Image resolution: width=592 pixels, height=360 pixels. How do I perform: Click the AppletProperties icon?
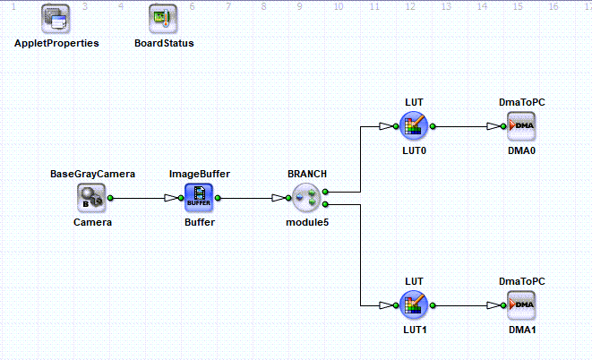[56, 19]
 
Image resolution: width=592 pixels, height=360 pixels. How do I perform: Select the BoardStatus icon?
[163, 19]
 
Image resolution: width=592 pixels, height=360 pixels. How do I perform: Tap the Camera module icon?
[91, 198]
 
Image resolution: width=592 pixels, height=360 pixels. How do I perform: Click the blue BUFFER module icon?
[199, 198]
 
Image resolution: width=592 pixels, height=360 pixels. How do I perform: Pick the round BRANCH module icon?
[306, 198]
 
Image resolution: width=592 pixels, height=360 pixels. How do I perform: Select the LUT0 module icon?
[414, 126]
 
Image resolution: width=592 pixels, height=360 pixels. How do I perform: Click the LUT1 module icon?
[414, 304]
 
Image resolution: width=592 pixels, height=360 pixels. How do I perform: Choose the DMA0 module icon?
[521, 126]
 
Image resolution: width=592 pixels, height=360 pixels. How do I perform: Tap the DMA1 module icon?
[521, 304]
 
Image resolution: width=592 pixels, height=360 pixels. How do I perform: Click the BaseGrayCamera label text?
[92, 174]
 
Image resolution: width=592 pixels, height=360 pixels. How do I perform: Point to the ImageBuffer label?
[200, 174]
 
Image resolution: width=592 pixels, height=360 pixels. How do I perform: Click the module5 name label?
[307, 222]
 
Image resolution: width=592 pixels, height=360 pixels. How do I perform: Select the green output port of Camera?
[110, 198]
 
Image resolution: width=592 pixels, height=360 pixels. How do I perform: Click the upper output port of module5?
[325, 192]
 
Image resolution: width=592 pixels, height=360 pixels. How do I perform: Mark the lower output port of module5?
[325, 204]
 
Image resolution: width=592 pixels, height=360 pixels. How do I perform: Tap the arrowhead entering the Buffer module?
[171, 198]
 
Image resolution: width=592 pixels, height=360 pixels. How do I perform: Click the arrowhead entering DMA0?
[493, 126]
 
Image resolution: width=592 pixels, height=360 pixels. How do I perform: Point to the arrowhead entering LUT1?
[385, 304]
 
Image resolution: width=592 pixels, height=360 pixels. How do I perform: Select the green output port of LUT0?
[433, 126]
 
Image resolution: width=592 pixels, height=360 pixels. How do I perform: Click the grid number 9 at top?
[299, 6]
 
